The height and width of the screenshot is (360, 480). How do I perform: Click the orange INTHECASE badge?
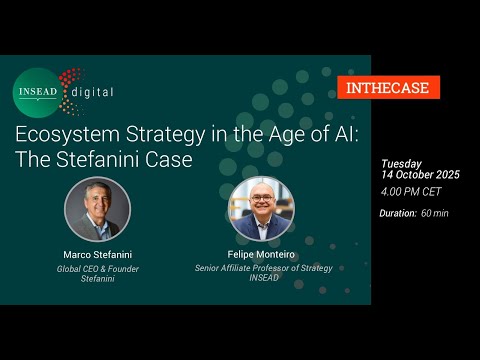388,87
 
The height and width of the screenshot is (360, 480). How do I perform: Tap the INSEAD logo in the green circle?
37,91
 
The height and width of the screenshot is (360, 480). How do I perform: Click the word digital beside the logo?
91,92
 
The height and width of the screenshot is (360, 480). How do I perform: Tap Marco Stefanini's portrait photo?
98,209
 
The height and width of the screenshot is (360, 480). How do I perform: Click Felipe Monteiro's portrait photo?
262,209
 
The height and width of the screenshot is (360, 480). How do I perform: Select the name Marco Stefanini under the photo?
98,254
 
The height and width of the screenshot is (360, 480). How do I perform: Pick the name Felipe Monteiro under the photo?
262,254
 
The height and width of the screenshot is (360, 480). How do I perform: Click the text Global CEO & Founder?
98,267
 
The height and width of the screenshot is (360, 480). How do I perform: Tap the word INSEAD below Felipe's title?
262,279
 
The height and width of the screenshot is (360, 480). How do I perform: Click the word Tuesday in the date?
401,164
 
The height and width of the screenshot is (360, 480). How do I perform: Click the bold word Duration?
398,213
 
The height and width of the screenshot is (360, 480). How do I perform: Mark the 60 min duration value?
435,213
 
